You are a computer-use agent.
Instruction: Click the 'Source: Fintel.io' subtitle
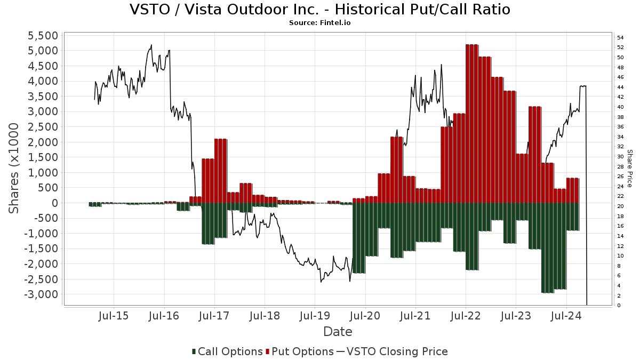pos(319,23)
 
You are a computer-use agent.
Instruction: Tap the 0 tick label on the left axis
pos(54,203)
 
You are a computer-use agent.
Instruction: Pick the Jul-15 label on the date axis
pos(114,316)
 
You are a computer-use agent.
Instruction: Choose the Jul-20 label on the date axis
pos(365,316)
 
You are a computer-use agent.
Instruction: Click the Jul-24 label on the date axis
pos(566,316)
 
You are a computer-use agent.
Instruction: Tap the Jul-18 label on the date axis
pos(265,316)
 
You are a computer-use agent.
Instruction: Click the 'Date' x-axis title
pos(338,332)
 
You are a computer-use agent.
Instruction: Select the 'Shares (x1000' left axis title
pos(14,169)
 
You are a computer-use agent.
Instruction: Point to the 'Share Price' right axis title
pos(629,169)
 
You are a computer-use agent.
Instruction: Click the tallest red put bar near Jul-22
pos(471,123)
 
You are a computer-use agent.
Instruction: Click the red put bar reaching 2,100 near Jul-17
pos(220,171)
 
